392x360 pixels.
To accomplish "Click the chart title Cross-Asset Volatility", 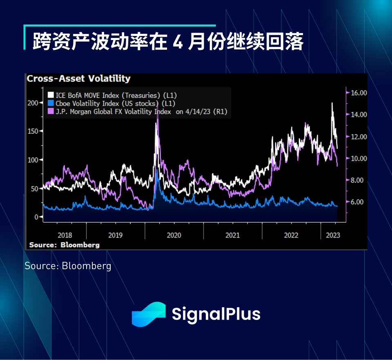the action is [x=78, y=78].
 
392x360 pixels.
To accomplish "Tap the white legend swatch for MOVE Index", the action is [x=51, y=95].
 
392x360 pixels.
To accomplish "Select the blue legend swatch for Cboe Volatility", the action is [x=51, y=103].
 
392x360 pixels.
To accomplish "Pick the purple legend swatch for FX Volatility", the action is [x=51, y=111].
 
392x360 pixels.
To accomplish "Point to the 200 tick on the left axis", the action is [x=33, y=103].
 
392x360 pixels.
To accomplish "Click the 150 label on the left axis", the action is [x=33, y=131].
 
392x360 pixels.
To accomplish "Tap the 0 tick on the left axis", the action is [x=36, y=217].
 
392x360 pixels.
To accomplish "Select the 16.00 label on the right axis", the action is [x=359, y=93].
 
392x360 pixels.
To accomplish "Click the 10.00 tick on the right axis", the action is [x=359, y=159].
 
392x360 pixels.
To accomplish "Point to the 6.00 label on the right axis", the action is [x=357, y=202].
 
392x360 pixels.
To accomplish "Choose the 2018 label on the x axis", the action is [x=65, y=235].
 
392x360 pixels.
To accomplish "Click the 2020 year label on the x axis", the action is [x=174, y=235].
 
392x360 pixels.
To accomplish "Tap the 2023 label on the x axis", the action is [x=333, y=235].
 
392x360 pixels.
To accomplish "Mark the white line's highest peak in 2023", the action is [x=332, y=103].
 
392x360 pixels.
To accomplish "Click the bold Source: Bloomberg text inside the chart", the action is [x=64, y=245].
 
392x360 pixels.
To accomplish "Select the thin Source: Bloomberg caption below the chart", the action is [x=68, y=266].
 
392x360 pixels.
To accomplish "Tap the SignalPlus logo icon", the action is [x=149, y=314].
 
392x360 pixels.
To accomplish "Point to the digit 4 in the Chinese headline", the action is [x=178, y=42].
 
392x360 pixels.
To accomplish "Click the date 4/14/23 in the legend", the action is [x=198, y=112].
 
